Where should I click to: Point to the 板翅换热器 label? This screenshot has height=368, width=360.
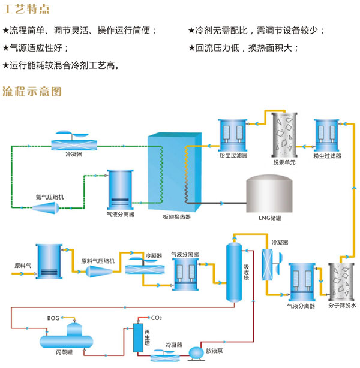[176, 217]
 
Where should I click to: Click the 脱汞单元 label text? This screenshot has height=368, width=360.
[284, 162]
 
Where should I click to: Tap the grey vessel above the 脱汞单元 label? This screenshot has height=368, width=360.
[284, 134]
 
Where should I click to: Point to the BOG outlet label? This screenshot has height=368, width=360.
[53, 318]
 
